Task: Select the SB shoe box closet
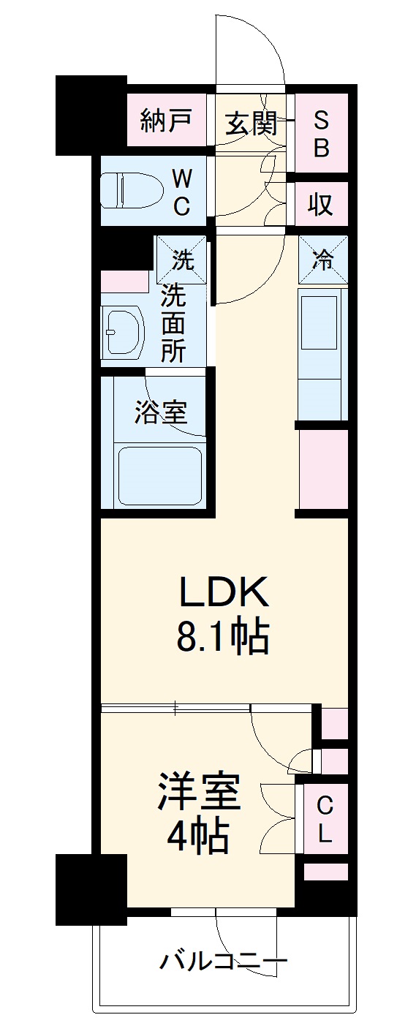pyautogui.click(x=322, y=134)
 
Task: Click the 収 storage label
pyautogui.click(x=321, y=204)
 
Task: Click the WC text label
pyautogui.click(x=182, y=192)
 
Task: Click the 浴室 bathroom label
pyautogui.click(x=161, y=413)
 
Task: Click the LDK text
pyautogui.click(x=224, y=594)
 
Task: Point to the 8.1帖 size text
pyautogui.click(x=222, y=638)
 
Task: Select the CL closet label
pyautogui.click(x=325, y=820)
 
